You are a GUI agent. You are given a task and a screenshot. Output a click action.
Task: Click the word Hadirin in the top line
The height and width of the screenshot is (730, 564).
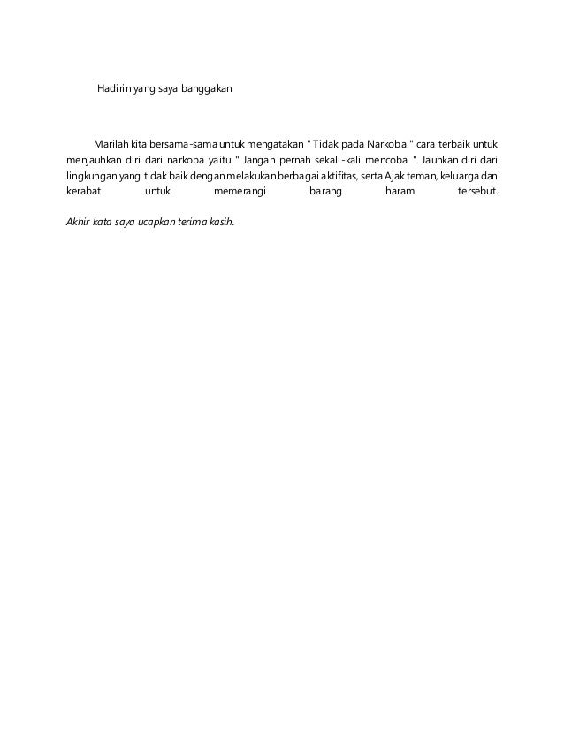(x=113, y=90)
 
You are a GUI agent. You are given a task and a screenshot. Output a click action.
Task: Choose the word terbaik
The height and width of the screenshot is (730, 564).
(x=450, y=144)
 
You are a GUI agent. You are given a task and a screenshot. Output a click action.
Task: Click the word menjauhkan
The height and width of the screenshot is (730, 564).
(x=96, y=160)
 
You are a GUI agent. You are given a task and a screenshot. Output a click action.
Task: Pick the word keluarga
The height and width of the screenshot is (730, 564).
(x=460, y=176)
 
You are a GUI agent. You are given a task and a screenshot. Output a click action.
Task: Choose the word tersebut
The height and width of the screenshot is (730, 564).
(x=473, y=192)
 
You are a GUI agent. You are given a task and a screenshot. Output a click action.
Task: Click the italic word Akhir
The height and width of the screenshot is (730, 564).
(x=80, y=222)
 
